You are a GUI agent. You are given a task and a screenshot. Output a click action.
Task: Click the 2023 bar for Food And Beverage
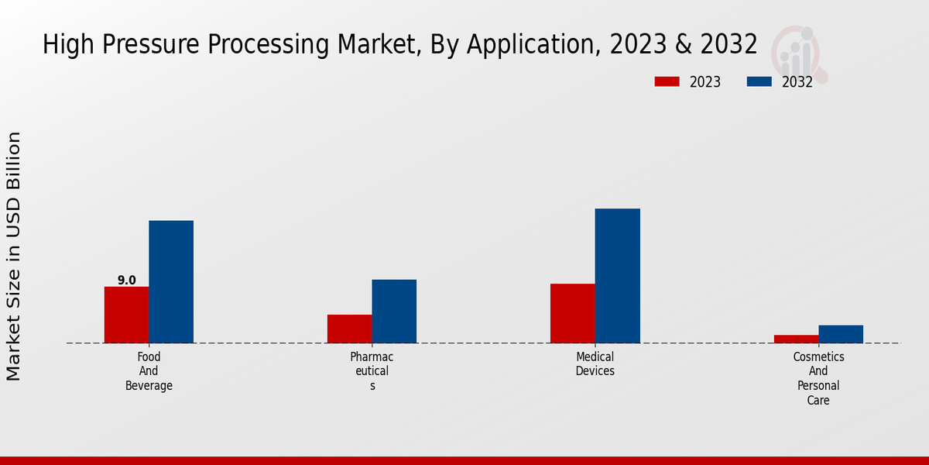pyautogui.click(x=126, y=315)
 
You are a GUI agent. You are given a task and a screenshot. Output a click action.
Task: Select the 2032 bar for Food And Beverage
pyautogui.click(x=171, y=281)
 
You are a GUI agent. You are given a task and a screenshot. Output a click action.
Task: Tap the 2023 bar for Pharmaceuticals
pyautogui.click(x=349, y=329)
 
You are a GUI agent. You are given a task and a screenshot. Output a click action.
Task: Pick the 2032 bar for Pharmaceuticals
pyautogui.click(x=394, y=311)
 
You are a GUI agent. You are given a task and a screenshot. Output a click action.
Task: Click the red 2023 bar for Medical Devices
pyautogui.click(x=573, y=313)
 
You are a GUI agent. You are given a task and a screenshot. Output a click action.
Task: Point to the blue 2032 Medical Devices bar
pyautogui.click(x=618, y=275)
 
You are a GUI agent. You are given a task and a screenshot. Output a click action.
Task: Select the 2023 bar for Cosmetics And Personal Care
pyautogui.click(x=796, y=339)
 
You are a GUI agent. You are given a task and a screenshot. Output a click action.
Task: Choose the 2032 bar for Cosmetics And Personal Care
pyautogui.click(x=841, y=334)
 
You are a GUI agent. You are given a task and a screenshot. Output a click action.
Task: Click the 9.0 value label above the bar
pyautogui.click(x=127, y=281)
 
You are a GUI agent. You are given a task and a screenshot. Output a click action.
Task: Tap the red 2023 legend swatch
pyautogui.click(x=667, y=81)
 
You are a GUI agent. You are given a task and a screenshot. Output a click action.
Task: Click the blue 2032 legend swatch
pyautogui.click(x=759, y=81)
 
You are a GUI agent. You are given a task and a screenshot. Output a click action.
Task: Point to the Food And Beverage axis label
pyautogui.click(x=149, y=371)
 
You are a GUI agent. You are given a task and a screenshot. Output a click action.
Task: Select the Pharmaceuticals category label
pyautogui.click(x=372, y=371)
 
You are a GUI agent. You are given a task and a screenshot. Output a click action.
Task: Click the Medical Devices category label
pyautogui.click(x=595, y=364)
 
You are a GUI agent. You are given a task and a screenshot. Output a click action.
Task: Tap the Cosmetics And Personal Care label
pyautogui.click(x=818, y=378)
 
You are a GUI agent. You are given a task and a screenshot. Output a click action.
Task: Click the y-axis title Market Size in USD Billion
pyautogui.click(x=14, y=256)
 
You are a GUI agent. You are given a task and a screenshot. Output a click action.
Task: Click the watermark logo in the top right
pyautogui.click(x=800, y=53)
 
